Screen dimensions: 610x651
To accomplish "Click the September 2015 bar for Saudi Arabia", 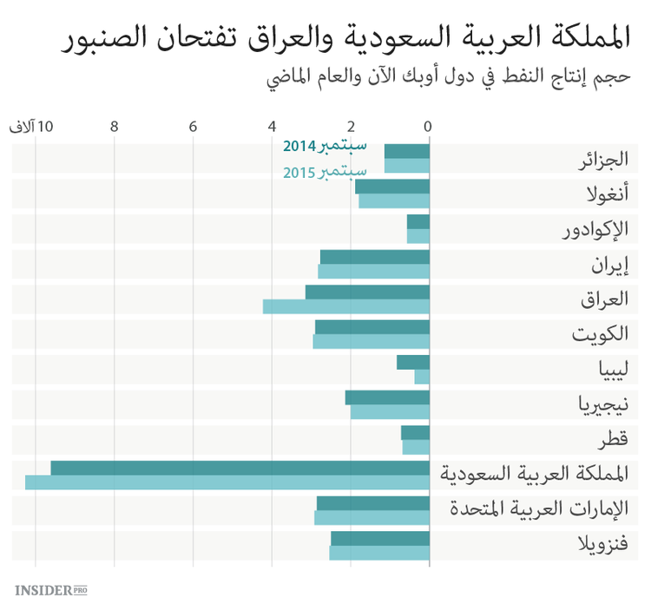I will pos(227,482).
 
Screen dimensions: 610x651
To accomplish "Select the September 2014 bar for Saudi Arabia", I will pos(240,468).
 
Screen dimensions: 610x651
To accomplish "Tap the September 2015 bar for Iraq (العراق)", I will pos(346,306).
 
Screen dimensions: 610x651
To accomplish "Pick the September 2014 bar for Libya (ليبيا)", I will pos(413,362).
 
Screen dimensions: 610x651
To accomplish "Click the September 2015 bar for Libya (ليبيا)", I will pos(422,377).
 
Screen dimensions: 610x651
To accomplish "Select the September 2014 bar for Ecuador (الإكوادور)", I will pos(418,221).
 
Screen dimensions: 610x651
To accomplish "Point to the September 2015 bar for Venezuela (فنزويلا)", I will pos(379,553).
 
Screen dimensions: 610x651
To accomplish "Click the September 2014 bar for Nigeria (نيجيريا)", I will pos(387,397).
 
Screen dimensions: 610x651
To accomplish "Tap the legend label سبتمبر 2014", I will pos(325,145).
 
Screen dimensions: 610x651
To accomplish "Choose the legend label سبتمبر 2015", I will pos(325,171).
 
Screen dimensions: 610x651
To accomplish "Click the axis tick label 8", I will pos(114,127).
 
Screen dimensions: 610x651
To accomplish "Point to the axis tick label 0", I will pos(428,127).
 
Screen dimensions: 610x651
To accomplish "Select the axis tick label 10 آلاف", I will pos(31,127).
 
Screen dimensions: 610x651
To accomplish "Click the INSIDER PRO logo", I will pos(51,590).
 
